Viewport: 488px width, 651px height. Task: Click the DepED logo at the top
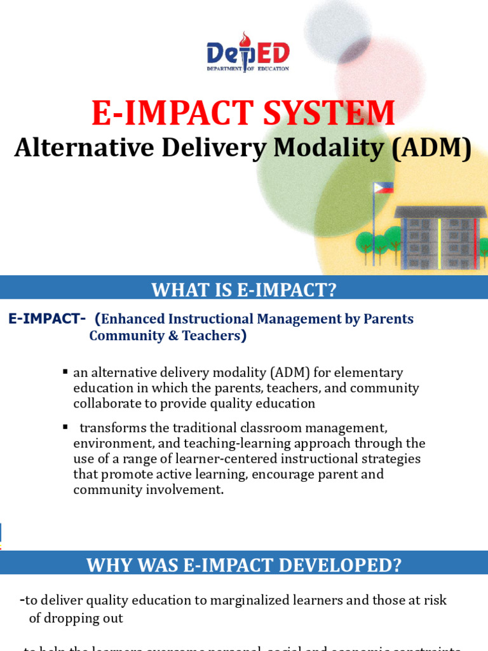248,52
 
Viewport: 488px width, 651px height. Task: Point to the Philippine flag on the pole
384,188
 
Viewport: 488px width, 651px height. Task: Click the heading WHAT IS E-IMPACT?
243,290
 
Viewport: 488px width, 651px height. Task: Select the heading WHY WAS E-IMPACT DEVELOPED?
243,565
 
